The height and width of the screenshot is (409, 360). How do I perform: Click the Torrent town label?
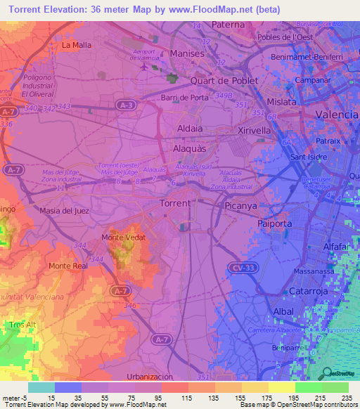tap(174, 203)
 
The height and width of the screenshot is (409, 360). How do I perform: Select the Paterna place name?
tap(229, 25)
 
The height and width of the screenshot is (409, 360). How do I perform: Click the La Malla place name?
tap(77, 45)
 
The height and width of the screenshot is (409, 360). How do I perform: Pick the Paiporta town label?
tap(274, 223)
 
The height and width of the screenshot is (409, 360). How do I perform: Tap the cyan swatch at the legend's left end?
tap(41, 387)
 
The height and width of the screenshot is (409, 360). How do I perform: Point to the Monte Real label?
tap(67, 266)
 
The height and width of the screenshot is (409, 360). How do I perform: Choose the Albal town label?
tap(283, 311)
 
